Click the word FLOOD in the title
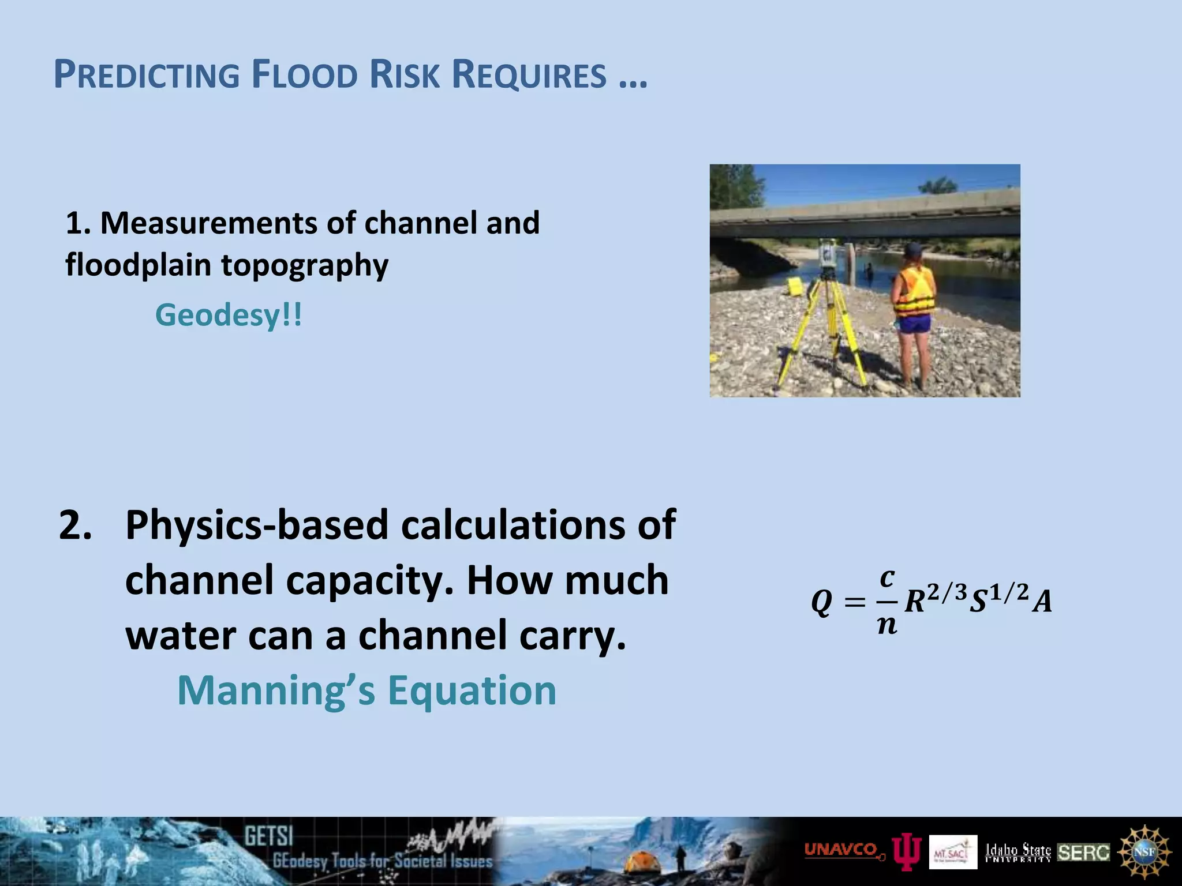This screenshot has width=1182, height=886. (x=304, y=75)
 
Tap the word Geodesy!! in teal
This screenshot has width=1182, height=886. (x=228, y=315)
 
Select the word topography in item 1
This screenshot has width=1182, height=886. (x=305, y=265)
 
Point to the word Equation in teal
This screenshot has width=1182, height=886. (x=472, y=690)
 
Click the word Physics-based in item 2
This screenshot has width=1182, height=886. (x=257, y=525)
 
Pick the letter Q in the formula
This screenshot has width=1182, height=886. (x=821, y=603)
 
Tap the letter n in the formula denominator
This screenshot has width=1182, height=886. (x=887, y=625)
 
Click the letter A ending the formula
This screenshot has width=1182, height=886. (x=1042, y=602)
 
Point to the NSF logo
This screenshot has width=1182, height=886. (x=1144, y=852)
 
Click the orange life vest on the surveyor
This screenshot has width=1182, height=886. (x=915, y=291)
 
